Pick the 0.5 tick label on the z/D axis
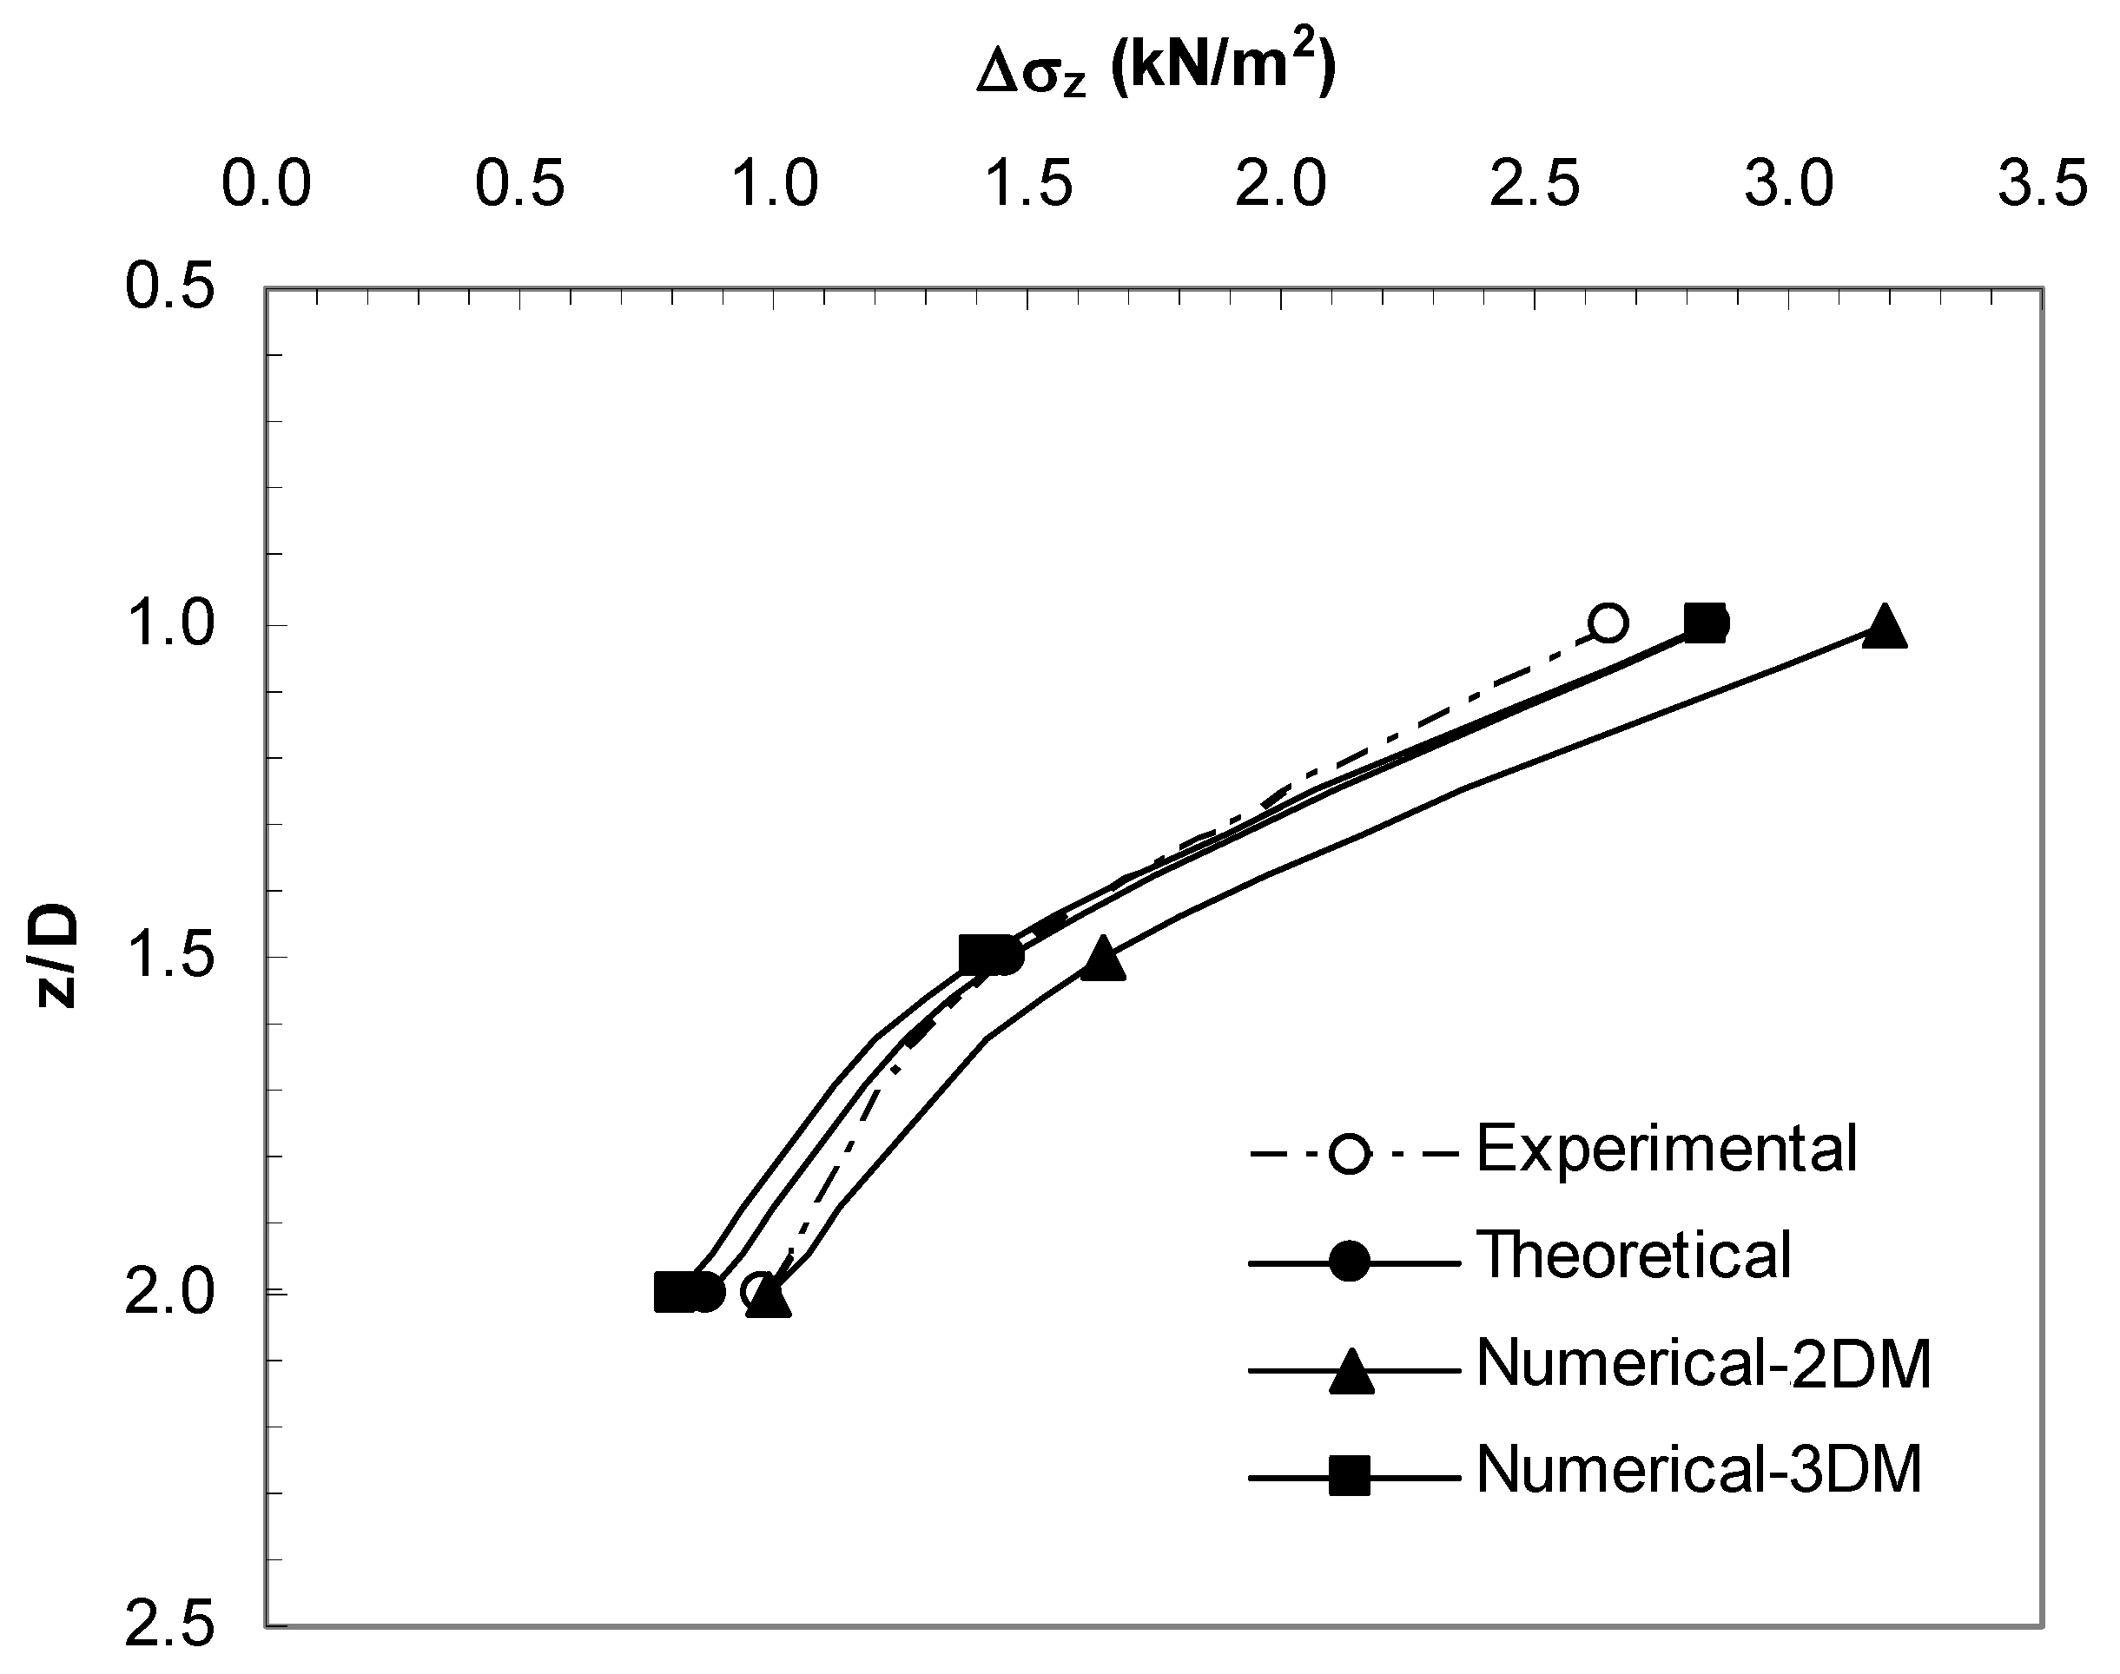coord(170,289)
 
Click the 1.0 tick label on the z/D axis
coord(170,624)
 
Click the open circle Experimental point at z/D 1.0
coord(1608,623)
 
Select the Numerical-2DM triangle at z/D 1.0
coord(1884,626)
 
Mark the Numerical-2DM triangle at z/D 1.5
coord(1103,959)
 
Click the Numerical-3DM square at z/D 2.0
coord(673,1293)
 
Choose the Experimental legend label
coord(1666,1149)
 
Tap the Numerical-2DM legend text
coord(1703,1363)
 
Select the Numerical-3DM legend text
coord(1699,1469)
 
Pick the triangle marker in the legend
coord(1350,1371)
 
